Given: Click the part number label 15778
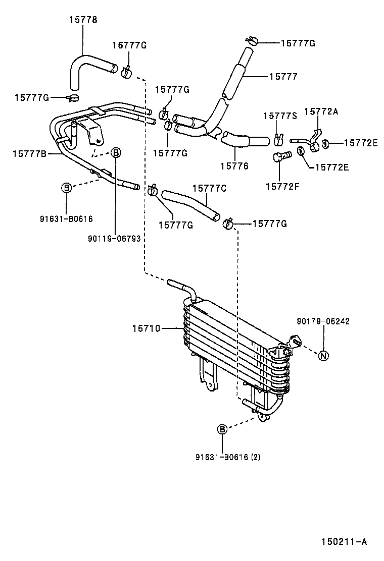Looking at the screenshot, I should (83, 20).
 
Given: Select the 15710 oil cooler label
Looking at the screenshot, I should (146, 328).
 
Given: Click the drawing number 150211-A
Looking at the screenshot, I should (344, 542).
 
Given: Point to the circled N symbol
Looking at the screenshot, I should (324, 356).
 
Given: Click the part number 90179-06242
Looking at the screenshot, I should (323, 321).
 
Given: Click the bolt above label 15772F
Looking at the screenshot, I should (281, 157).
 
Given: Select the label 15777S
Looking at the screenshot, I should (280, 116).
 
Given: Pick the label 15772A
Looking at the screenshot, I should (321, 111).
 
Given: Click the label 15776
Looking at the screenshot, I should (234, 165).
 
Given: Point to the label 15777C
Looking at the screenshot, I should (209, 188).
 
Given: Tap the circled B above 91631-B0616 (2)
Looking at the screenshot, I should (222, 429).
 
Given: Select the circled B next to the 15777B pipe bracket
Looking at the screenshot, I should (115, 152).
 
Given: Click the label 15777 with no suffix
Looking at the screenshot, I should (283, 77).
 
